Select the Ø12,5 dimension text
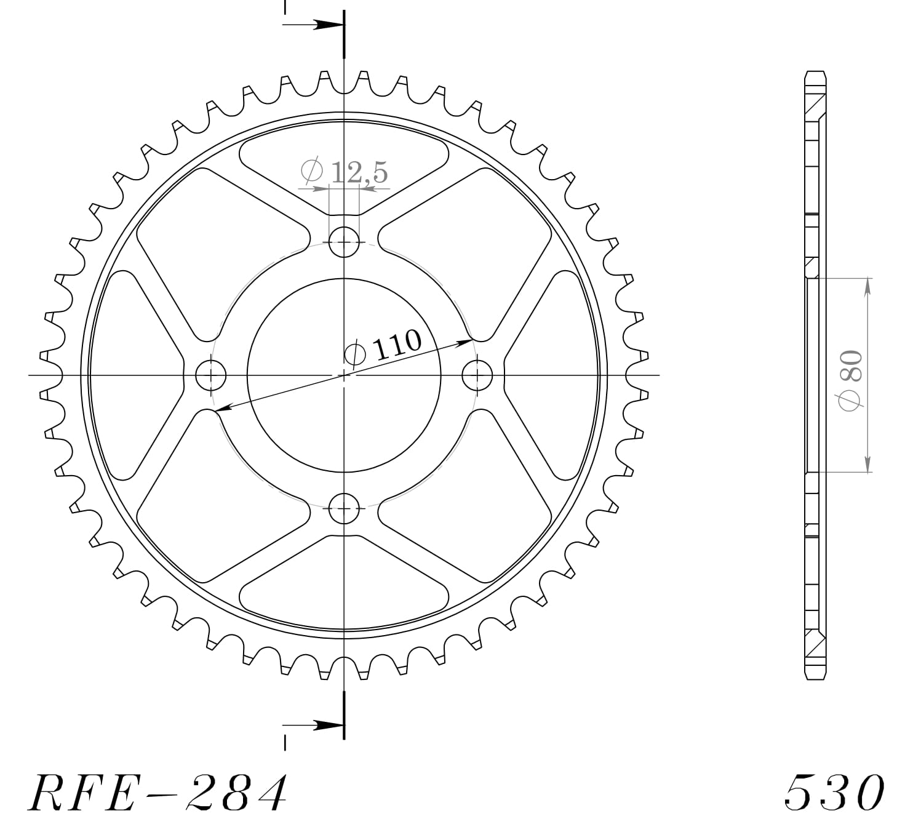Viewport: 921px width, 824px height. tap(345, 172)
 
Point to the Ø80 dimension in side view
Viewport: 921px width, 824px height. tap(853, 378)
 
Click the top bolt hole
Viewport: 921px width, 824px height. tap(344, 241)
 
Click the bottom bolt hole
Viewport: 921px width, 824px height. tap(344, 508)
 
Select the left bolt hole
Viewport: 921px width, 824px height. tap(210, 375)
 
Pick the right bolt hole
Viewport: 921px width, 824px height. tap(477, 375)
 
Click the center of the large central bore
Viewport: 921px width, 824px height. tap(344, 375)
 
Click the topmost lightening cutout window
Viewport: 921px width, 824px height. tap(344, 166)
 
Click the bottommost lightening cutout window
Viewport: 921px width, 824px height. tap(344, 583)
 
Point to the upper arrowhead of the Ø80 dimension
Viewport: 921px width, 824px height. tap(867, 286)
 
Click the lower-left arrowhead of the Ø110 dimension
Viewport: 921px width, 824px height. tap(223, 407)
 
